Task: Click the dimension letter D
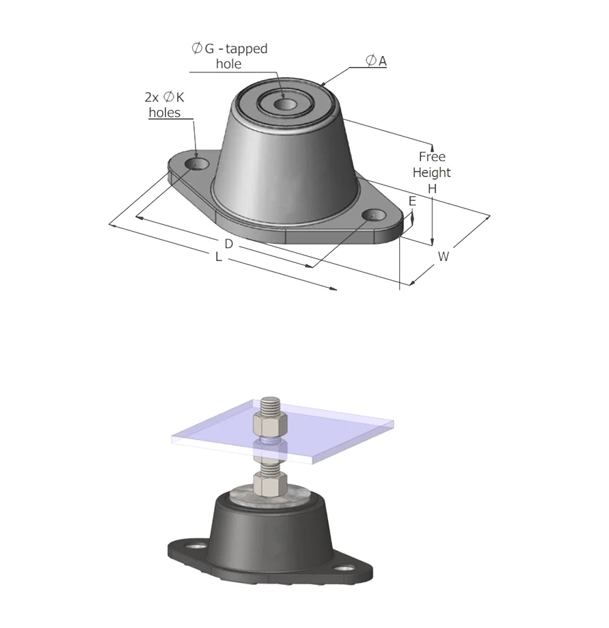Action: (229, 243)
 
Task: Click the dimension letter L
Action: (218, 258)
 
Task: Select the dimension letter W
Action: (444, 256)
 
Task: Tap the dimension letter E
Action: (412, 201)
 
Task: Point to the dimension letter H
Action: (432, 188)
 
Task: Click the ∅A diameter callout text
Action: (376, 62)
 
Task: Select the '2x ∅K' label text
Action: (164, 98)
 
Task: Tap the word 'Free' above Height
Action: (432, 156)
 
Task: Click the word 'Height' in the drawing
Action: (431, 172)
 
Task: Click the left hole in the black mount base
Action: (198, 547)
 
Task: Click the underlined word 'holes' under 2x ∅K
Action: (164, 112)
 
